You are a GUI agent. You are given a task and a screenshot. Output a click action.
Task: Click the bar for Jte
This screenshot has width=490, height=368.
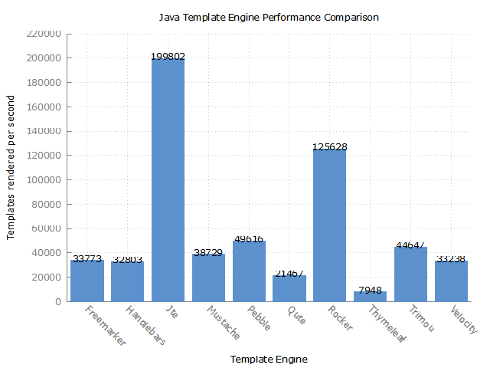(x=168, y=179)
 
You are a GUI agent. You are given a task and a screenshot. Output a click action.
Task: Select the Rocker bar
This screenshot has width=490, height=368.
(x=329, y=225)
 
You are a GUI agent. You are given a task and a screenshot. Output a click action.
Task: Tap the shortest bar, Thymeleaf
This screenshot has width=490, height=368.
(x=370, y=296)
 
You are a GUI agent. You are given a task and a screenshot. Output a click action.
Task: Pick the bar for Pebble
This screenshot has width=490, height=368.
(x=249, y=271)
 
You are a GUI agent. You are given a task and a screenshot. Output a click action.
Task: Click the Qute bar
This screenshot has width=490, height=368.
(x=289, y=288)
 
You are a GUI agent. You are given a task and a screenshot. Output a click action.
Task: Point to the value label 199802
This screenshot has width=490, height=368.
(x=168, y=57)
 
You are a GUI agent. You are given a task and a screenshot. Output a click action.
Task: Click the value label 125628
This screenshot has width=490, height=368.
(x=329, y=146)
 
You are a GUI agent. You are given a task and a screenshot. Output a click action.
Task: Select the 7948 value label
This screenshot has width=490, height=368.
(x=370, y=291)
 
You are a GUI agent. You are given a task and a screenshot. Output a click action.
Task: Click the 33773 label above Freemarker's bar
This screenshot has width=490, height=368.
(x=87, y=258)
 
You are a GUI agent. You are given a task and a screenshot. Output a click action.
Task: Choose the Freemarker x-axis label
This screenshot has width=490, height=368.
(x=104, y=326)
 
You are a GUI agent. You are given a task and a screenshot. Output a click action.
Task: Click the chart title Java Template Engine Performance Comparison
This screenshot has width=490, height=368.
(x=268, y=17)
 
